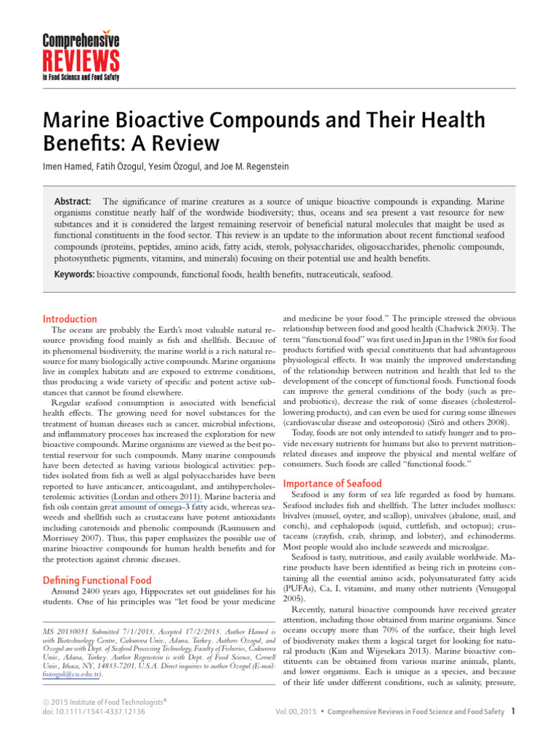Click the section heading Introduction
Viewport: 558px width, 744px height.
coord(70,319)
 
